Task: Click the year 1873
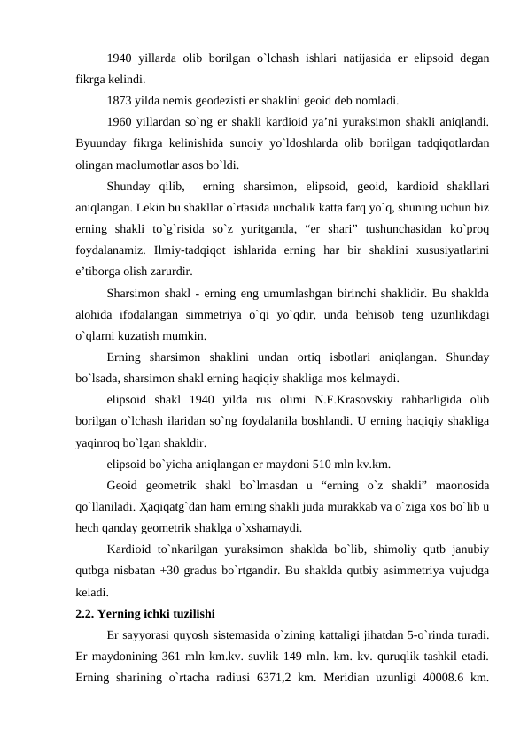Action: tap(120, 99)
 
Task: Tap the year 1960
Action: tap(120, 120)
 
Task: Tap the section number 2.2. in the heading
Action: tap(88, 613)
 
